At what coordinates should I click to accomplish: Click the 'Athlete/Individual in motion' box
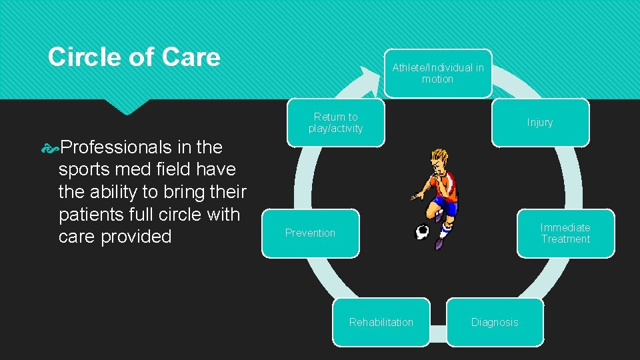click(438, 73)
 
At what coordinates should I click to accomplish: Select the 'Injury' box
click(540, 123)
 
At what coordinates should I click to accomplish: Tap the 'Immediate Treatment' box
click(565, 233)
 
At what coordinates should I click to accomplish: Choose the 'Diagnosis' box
click(495, 322)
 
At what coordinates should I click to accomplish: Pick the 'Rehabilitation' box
click(381, 322)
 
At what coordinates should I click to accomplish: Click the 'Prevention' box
click(310, 233)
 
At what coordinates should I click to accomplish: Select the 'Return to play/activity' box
click(335, 123)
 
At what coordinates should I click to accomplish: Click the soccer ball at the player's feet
click(422, 232)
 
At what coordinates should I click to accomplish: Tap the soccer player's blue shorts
click(445, 206)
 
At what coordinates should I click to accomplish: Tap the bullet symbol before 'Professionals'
click(50, 147)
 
